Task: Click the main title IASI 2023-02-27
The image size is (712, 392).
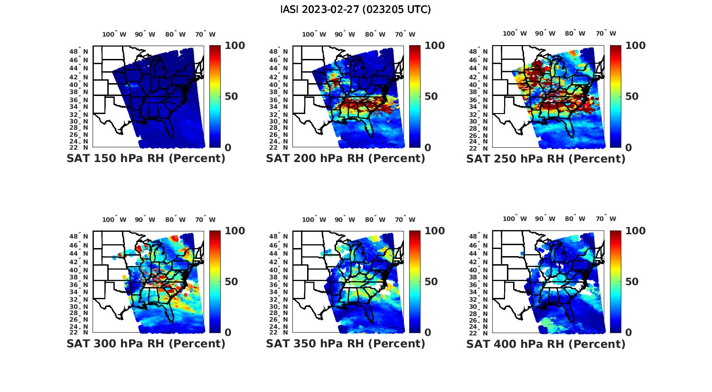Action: (x=356, y=10)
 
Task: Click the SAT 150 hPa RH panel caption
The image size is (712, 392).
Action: (x=146, y=159)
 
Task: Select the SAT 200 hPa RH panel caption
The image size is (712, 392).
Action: (x=346, y=159)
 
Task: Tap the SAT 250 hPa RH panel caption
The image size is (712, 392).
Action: (x=546, y=159)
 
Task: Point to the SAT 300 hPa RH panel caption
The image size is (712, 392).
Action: (x=146, y=344)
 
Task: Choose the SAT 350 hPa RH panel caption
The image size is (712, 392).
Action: (x=346, y=344)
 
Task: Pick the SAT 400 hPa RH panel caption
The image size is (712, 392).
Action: (x=546, y=344)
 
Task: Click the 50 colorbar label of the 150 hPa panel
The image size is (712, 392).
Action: (x=231, y=96)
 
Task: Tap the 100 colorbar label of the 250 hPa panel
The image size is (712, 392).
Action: (x=636, y=46)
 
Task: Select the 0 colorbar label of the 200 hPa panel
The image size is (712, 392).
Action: (x=428, y=148)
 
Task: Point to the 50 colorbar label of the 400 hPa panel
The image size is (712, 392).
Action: (x=631, y=282)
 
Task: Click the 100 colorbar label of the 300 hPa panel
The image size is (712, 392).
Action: (x=234, y=231)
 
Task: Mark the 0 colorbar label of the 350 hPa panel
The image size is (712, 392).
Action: (x=428, y=333)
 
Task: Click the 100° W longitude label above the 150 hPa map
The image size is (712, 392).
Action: (x=114, y=34)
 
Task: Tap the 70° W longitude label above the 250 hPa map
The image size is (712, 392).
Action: (x=606, y=33)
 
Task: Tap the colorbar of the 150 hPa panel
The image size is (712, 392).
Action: (x=215, y=96)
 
